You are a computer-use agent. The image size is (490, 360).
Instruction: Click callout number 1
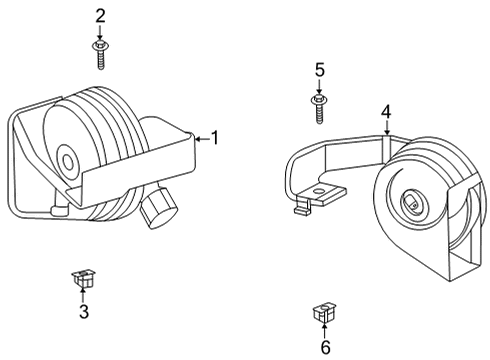click(213, 138)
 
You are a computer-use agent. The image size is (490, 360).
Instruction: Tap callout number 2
click(100, 15)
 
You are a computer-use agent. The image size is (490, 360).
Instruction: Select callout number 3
click(84, 312)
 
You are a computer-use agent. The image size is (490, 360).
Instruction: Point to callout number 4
click(386, 111)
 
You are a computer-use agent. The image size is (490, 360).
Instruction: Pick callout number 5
click(320, 70)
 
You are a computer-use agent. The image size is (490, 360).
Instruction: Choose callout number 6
click(324, 346)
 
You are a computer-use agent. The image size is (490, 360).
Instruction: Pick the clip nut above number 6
click(323, 312)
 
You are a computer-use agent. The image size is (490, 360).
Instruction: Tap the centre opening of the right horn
click(411, 204)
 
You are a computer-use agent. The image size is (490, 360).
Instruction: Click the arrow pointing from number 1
click(200, 138)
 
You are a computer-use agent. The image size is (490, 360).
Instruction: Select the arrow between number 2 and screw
click(100, 32)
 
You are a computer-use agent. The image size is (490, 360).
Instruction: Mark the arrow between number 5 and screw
click(320, 87)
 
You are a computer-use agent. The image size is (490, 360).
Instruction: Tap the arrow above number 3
click(84, 295)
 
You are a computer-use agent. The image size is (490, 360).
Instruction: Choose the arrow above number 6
click(324, 328)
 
